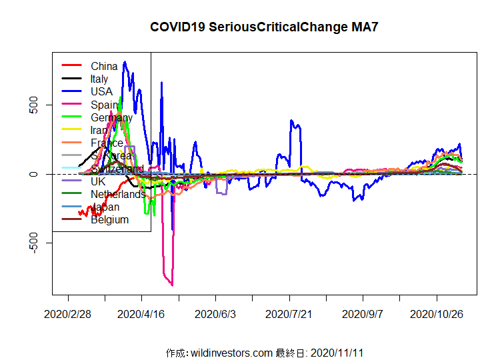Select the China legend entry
click(x=104, y=66)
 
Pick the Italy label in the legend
click(x=99, y=79)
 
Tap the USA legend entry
click(x=101, y=91)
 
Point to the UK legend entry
click(x=98, y=181)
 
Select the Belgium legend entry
click(x=109, y=219)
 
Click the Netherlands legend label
click(x=118, y=194)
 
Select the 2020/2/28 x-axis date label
click(x=67, y=313)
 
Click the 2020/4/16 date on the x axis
click(x=141, y=313)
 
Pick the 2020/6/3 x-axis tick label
click(x=215, y=313)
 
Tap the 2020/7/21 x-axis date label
click(x=289, y=313)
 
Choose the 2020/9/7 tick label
click(x=362, y=313)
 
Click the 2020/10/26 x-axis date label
click(x=436, y=313)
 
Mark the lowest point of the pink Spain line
click(x=172, y=285)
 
